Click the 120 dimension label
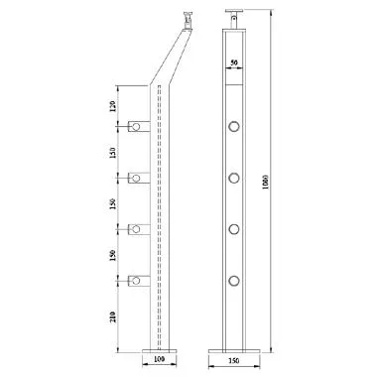pos(112,105)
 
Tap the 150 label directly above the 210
pos(112,255)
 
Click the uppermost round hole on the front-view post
pos(235,126)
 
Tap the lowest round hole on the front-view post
pos(235,281)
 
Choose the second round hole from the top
pos(235,178)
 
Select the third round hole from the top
pos(235,229)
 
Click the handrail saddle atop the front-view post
pos(234,19)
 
